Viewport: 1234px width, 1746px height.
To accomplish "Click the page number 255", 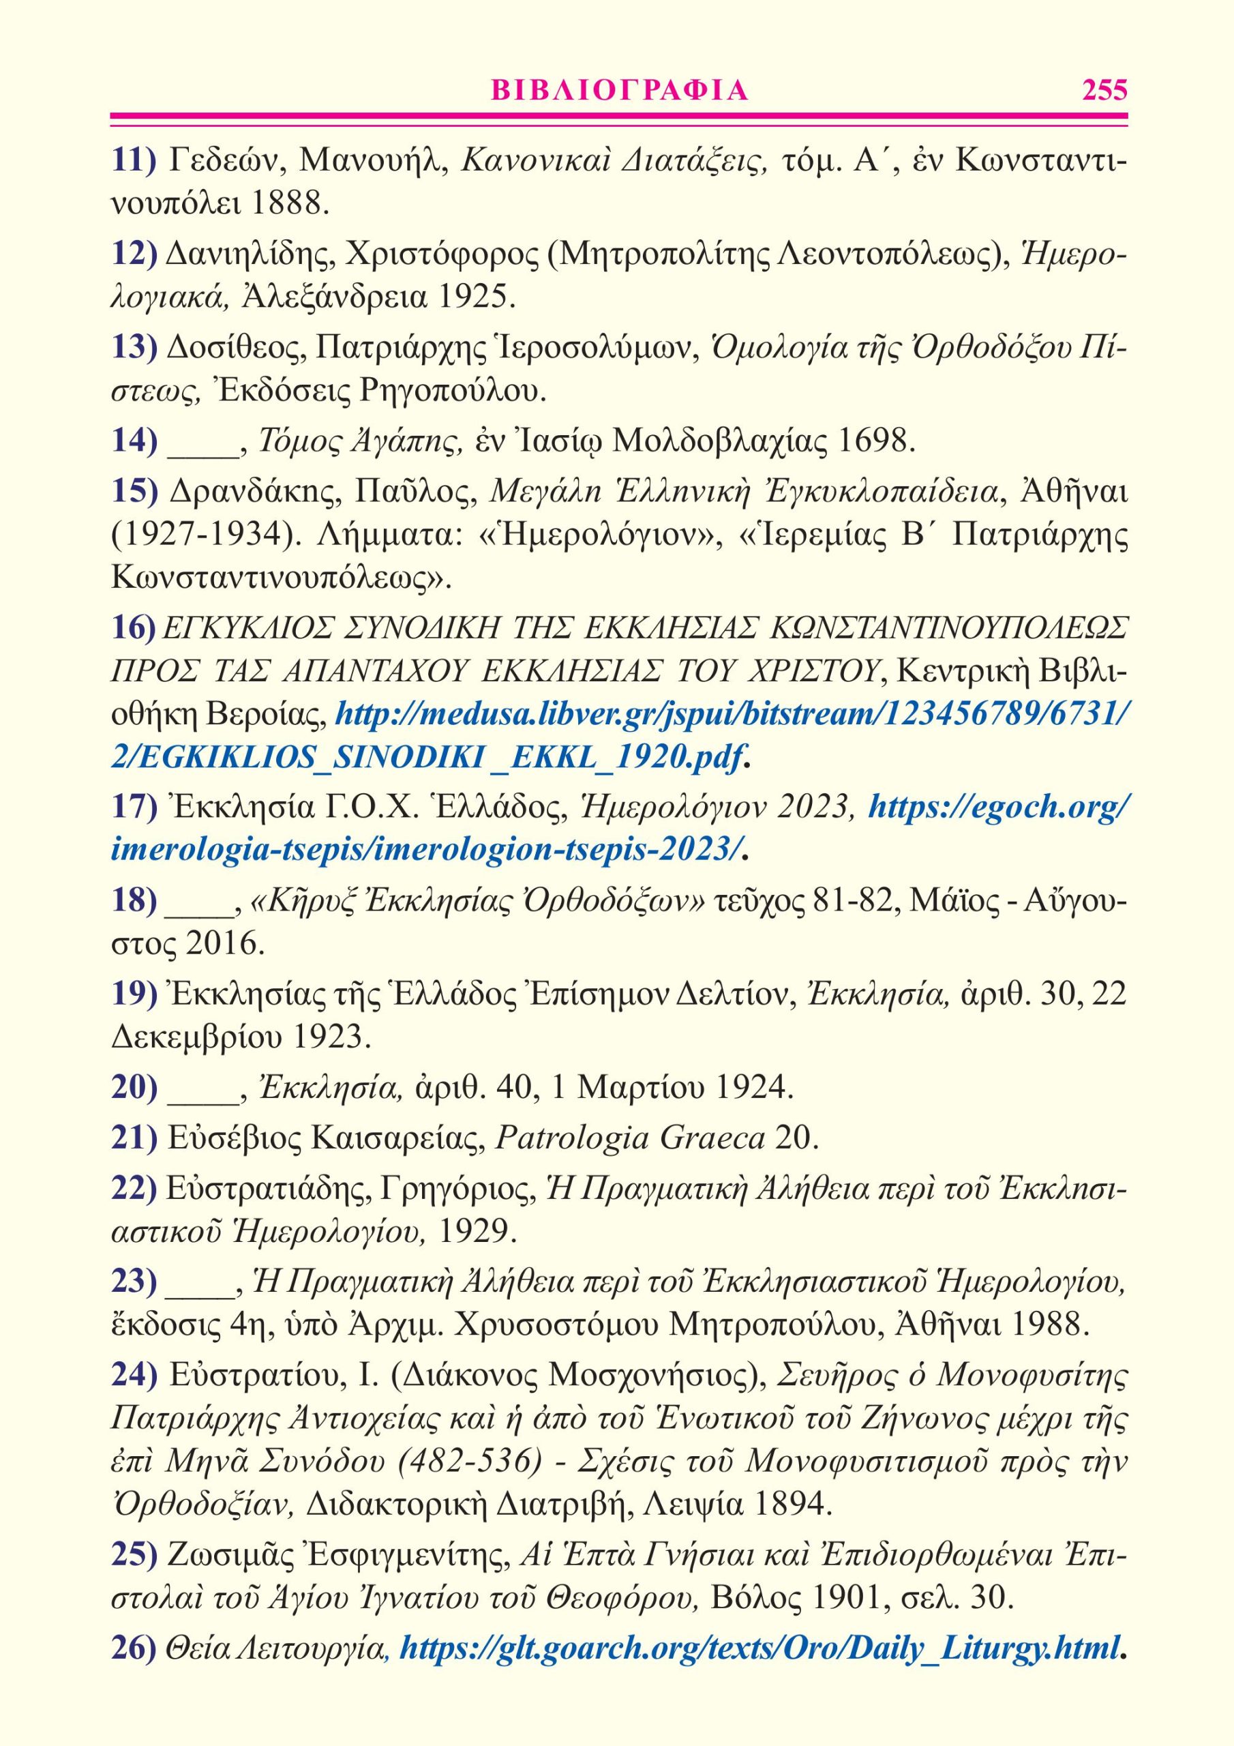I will [x=1104, y=91].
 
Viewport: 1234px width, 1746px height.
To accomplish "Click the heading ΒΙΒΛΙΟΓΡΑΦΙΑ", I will [x=620, y=91].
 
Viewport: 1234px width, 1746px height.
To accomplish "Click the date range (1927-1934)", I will [x=202, y=535].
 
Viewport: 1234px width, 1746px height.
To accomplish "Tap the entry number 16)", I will [x=134, y=627].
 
